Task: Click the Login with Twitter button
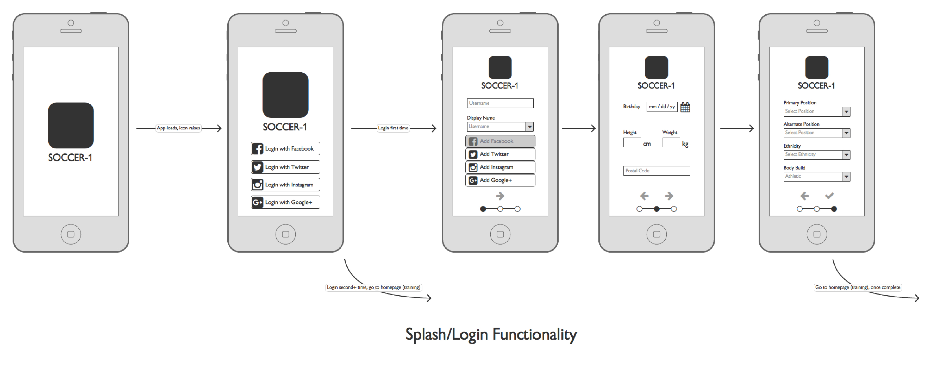click(285, 167)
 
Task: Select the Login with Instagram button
click(285, 185)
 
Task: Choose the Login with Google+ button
click(285, 202)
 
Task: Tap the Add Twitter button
click(500, 154)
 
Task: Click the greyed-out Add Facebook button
click(500, 141)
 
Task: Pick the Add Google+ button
click(500, 180)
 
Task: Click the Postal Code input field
click(656, 171)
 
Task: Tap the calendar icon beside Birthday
click(685, 107)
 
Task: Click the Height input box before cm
click(632, 143)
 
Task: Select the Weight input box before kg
click(671, 143)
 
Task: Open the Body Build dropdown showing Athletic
click(816, 176)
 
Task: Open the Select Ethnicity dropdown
click(816, 155)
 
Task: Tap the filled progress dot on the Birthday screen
click(656, 209)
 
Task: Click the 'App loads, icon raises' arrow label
click(178, 128)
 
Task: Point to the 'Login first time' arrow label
click(393, 128)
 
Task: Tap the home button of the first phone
click(71, 234)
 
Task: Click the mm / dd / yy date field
click(661, 107)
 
